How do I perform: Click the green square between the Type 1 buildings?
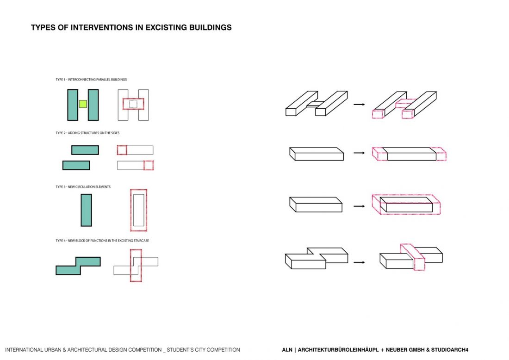83,104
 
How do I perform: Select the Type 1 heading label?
91,80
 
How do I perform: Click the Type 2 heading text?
87,133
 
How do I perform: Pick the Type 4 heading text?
102,241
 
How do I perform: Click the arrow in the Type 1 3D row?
359,105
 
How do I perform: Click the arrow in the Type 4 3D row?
359,262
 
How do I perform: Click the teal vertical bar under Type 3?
86,210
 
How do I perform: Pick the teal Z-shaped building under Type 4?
78,266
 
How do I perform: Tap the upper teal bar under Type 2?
85,150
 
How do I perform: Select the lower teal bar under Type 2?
76,165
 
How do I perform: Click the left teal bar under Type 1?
73,105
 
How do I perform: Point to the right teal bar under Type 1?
93,105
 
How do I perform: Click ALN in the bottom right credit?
287,350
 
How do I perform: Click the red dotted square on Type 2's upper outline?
122,150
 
